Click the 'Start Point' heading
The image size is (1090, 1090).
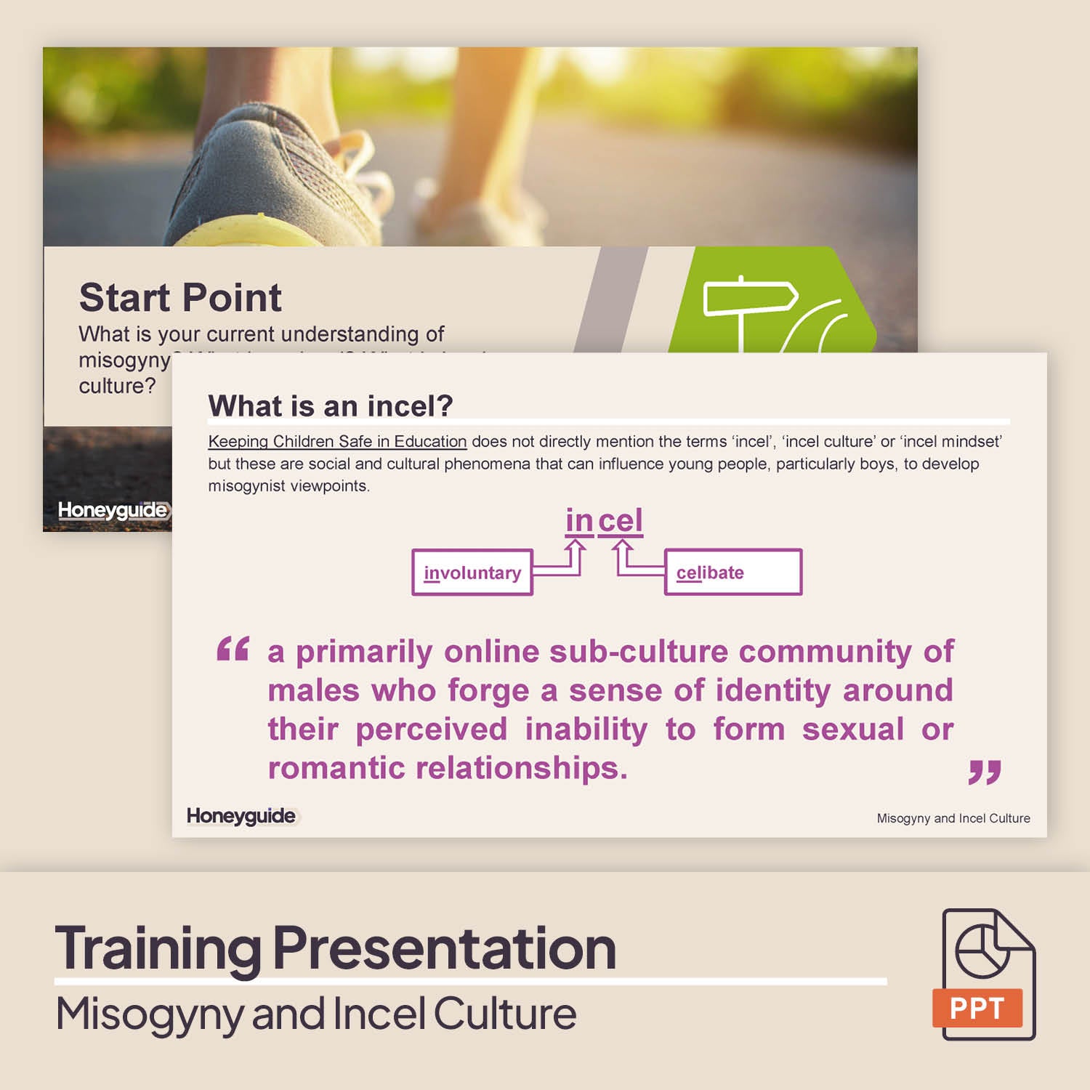tap(180, 297)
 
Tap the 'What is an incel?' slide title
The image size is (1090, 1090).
tap(331, 405)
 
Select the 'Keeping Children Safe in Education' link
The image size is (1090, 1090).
tap(337, 441)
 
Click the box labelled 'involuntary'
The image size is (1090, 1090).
tap(472, 573)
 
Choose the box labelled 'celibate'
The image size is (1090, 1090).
tap(732, 573)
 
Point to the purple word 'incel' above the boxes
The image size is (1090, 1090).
tap(604, 520)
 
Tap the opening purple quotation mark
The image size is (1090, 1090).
tap(233, 648)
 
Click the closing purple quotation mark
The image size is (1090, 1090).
tap(985, 772)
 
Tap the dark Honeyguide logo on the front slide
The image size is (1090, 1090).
tap(241, 816)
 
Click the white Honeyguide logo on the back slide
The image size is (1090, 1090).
tap(113, 510)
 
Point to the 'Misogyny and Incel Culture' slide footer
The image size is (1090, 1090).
tap(953, 818)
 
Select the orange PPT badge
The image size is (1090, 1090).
tap(977, 1008)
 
